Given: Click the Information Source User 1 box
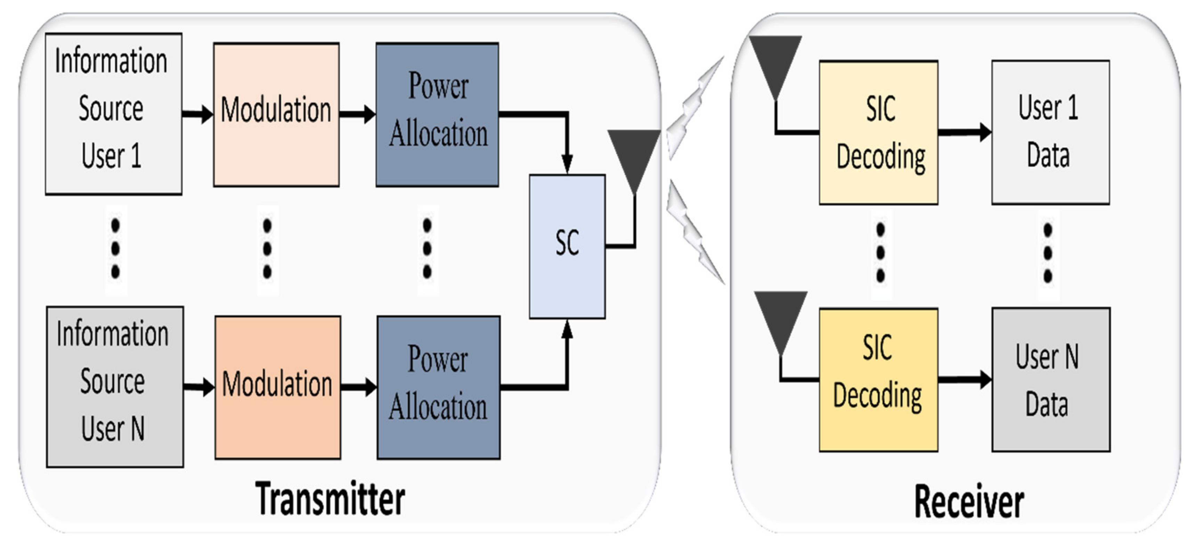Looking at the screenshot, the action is point(113,114).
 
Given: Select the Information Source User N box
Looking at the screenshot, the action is point(115,387).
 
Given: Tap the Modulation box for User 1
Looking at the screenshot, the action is point(276,115).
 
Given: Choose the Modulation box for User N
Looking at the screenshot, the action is point(278,388).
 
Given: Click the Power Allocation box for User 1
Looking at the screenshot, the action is point(437,115).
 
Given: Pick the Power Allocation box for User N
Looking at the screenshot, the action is point(438,388).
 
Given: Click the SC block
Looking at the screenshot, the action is point(567,246).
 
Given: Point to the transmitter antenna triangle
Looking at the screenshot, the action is point(634,160).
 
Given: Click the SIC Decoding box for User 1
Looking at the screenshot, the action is point(878,132).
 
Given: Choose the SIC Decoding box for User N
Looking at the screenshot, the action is point(878,380).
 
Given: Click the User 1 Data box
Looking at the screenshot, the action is point(1051,132).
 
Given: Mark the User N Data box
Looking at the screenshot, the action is point(1051,380).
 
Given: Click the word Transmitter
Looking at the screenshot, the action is point(330,499).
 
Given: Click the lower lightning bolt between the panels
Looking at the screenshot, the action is point(695,232).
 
